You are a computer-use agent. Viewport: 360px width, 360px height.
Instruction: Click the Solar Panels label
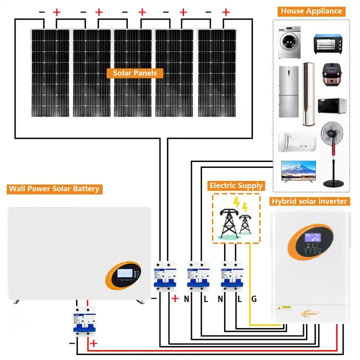click(134, 73)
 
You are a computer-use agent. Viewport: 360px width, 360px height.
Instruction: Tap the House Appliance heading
click(311, 10)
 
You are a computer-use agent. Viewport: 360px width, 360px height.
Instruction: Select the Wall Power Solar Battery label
click(53, 189)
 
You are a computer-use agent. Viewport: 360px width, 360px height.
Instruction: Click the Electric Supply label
click(236, 185)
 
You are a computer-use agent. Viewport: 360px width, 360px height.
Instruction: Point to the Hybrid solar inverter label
click(309, 201)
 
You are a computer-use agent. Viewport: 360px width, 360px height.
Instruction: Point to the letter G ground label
click(253, 299)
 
